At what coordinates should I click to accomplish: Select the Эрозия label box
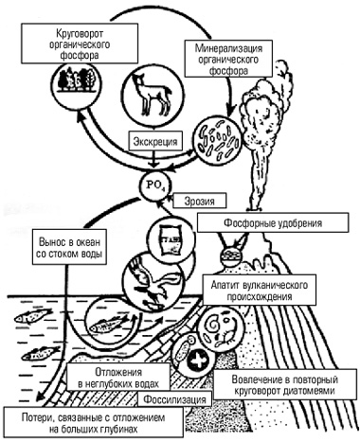click(x=200, y=201)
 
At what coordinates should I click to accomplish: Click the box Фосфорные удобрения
click(x=273, y=223)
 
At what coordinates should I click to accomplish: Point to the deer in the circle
click(x=153, y=95)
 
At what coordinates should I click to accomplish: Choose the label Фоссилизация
click(x=174, y=399)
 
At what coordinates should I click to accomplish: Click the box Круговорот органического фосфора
click(x=80, y=44)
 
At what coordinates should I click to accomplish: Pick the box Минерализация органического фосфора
click(x=228, y=59)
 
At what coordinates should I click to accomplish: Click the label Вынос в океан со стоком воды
click(x=69, y=247)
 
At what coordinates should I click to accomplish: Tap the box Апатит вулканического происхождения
click(x=260, y=291)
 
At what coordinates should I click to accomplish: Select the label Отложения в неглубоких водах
click(x=118, y=378)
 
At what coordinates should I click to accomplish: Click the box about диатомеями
click(x=285, y=384)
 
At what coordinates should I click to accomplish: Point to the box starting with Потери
click(x=93, y=423)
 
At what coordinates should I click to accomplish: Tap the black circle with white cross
click(x=198, y=361)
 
